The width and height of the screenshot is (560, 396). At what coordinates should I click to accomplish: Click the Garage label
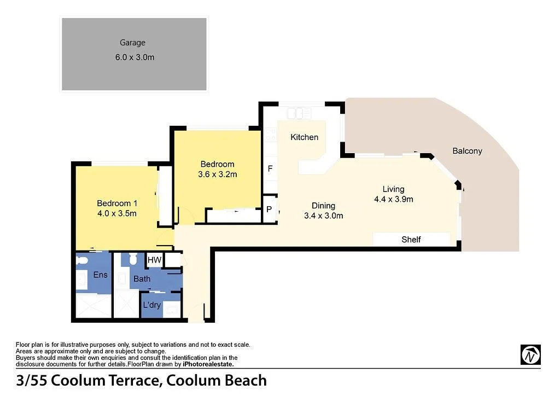(133, 43)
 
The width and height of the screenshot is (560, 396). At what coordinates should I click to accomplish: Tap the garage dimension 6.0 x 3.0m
(135, 57)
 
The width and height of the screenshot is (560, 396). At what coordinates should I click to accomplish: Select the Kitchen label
(304, 137)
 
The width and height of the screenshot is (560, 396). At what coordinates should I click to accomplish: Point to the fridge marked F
(270, 169)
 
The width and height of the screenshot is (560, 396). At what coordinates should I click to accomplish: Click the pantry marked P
(269, 209)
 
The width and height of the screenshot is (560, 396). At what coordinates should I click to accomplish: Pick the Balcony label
(467, 151)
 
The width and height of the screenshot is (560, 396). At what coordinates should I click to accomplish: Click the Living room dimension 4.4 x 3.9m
(393, 200)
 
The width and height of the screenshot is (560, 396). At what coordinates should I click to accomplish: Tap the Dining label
(323, 206)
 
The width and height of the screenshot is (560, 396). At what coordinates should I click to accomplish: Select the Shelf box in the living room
(411, 240)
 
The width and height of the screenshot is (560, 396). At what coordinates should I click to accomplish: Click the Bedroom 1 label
(117, 203)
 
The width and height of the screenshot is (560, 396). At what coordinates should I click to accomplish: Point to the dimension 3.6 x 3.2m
(218, 174)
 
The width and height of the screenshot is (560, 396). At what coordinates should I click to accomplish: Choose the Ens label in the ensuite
(100, 275)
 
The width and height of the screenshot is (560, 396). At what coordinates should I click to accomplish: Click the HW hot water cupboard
(155, 260)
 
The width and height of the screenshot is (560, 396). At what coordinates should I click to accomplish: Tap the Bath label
(142, 279)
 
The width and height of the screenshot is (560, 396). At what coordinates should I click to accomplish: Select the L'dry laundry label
(151, 305)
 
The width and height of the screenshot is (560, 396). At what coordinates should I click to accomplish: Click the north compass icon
(530, 354)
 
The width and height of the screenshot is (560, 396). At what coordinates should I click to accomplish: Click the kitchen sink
(300, 114)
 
